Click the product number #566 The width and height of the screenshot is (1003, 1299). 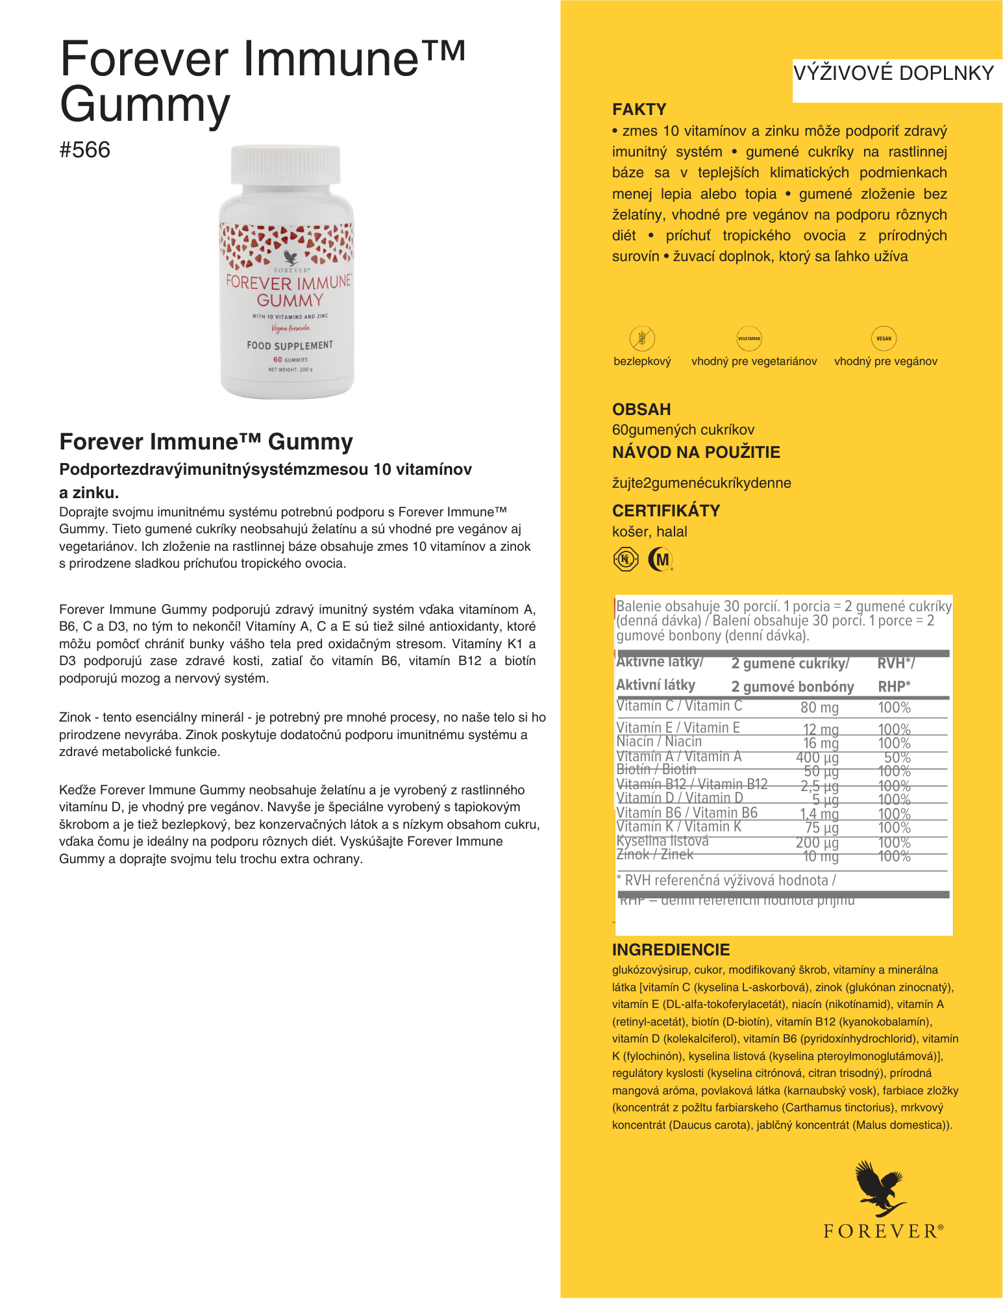pyautogui.click(x=85, y=150)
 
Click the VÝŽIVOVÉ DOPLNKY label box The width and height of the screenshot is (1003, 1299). pyautogui.click(x=894, y=74)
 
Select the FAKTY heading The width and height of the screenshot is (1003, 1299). pyautogui.click(x=639, y=109)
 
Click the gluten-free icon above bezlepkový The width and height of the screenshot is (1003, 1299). pyautogui.click(x=642, y=338)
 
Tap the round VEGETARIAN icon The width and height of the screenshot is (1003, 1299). pyautogui.click(x=749, y=338)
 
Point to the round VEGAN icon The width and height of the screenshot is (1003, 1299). pyautogui.click(x=884, y=338)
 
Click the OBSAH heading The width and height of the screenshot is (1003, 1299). pyautogui.click(x=641, y=409)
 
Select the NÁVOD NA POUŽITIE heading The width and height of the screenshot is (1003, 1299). pyautogui.click(x=696, y=452)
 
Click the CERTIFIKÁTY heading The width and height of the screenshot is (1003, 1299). pyautogui.click(x=666, y=511)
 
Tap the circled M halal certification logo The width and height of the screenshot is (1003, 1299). pyautogui.click(x=661, y=559)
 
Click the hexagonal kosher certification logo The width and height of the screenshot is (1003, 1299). pyautogui.click(x=626, y=559)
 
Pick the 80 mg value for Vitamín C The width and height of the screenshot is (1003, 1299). pyautogui.click(x=819, y=707)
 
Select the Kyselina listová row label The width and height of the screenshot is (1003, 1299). pyautogui.click(x=662, y=841)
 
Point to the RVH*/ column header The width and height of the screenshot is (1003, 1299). pyautogui.click(x=896, y=663)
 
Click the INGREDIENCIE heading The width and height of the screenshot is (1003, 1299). pyautogui.click(x=671, y=950)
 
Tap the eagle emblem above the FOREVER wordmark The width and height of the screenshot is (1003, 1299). pyautogui.click(x=880, y=1188)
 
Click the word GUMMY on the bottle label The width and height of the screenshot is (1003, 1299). pyautogui.click(x=290, y=301)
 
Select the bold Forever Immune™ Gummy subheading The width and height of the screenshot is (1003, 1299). pyautogui.click(x=206, y=442)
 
